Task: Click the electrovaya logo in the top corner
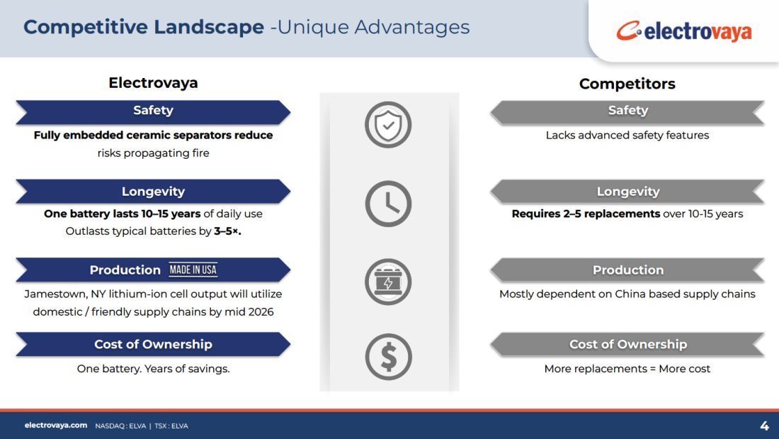[x=684, y=31]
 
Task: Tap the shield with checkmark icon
[x=388, y=124]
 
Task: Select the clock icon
[x=388, y=204]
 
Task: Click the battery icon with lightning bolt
[x=388, y=282]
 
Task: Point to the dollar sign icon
[x=388, y=357]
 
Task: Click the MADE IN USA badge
[x=193, y=269]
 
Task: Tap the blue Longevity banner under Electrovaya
[x=153, y=191]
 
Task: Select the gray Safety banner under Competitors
[x=627, y=111]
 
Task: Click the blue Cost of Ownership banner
[x=153, y=344]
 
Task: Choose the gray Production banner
[x=627, y=269]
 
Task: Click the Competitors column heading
[x=627, y=84]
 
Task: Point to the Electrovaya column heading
[x=153, y=83]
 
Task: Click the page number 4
[x=764, y=426]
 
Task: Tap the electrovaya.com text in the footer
[x=56, y=425]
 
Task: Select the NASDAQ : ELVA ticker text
[x=120, y=426]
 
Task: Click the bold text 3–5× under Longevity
[x=227, y=231]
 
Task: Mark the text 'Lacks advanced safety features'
[x=627, y=135]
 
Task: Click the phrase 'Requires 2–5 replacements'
[x=586, y=214]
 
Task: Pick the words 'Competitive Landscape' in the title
[x=144, y=27]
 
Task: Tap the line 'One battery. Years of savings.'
[x=153, y=369]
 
